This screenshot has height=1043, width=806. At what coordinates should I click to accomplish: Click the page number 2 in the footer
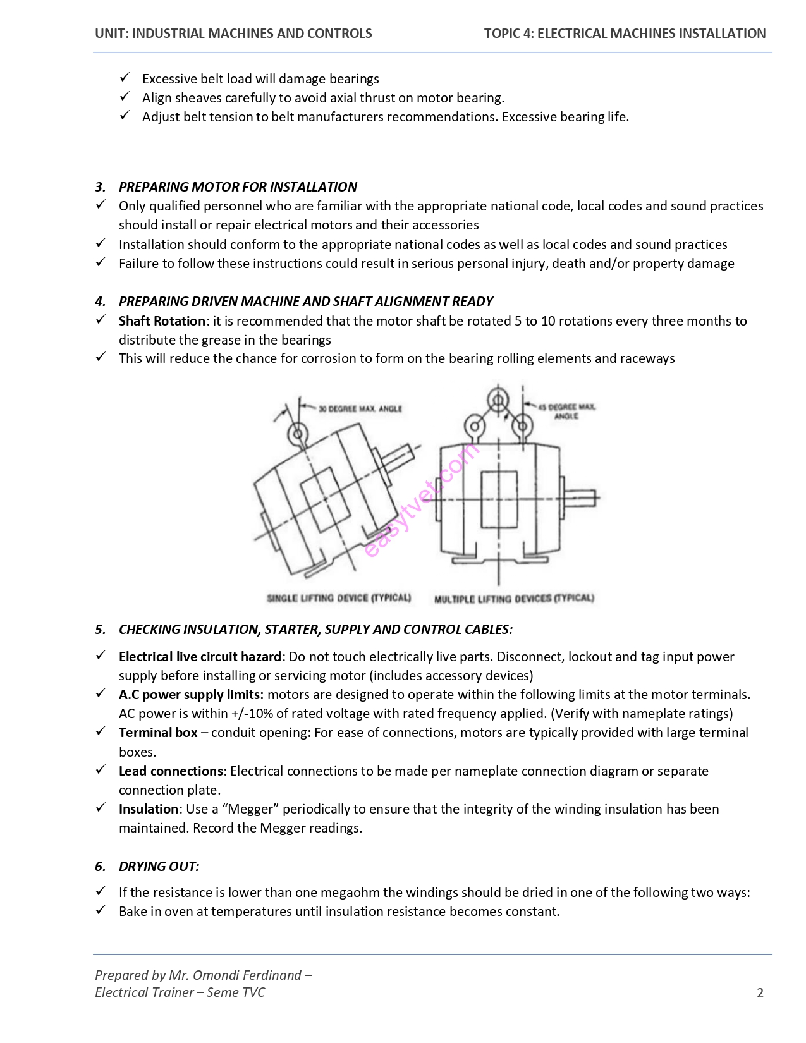pos(760,992)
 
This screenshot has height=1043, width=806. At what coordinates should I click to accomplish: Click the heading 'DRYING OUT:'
pos(159,866)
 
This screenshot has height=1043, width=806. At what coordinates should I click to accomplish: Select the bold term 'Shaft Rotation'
pos(162,320)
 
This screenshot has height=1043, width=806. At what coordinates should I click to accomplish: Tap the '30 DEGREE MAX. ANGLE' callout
pos(360,409)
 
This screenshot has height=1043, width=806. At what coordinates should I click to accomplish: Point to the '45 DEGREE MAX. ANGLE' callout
pos(566,411)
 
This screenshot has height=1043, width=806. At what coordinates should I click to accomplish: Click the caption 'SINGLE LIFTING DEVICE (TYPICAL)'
pos(339,597)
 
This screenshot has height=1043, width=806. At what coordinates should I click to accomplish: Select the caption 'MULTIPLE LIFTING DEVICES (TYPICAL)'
pos(514,598)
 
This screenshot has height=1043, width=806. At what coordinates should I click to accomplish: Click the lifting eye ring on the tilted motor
pos(297,433)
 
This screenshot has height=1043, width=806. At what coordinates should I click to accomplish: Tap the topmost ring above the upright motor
pos(498,400)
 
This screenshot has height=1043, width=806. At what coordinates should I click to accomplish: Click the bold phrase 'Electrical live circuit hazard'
pos(200,656)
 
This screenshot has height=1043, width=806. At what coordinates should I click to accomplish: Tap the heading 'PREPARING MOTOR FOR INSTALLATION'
pos(238,186)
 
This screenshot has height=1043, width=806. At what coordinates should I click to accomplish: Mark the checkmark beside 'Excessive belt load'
pos(125,78)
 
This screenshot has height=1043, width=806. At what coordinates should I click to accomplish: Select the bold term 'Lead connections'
pos(171,771)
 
